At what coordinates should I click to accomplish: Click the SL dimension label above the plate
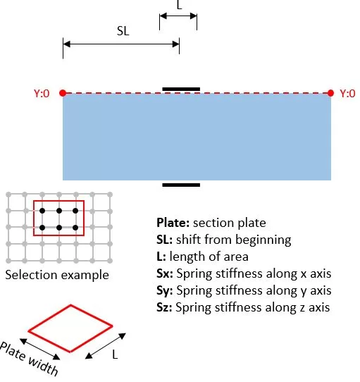[123, 31]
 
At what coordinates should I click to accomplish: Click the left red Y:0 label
[42, 93]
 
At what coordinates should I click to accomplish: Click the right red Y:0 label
[347, 93]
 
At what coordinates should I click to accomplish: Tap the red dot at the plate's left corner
[63, 93]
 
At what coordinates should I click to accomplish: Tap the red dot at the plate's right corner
[330, 93]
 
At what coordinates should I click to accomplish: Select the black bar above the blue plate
[181, 90]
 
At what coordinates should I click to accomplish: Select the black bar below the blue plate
[181, 185]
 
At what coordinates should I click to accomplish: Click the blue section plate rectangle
[197, 137]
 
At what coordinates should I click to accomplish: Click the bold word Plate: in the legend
[173, 223]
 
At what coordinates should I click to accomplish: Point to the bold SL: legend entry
[164, 240]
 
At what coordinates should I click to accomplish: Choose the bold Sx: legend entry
[165, 273]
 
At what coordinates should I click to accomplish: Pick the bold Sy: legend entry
[165, 290]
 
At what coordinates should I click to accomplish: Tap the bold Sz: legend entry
[164, 307]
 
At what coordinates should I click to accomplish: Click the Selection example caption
[57, 276]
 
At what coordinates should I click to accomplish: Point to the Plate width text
[29, 359]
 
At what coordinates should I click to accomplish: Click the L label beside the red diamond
[115, 355]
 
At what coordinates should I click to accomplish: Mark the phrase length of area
[209, 257]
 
